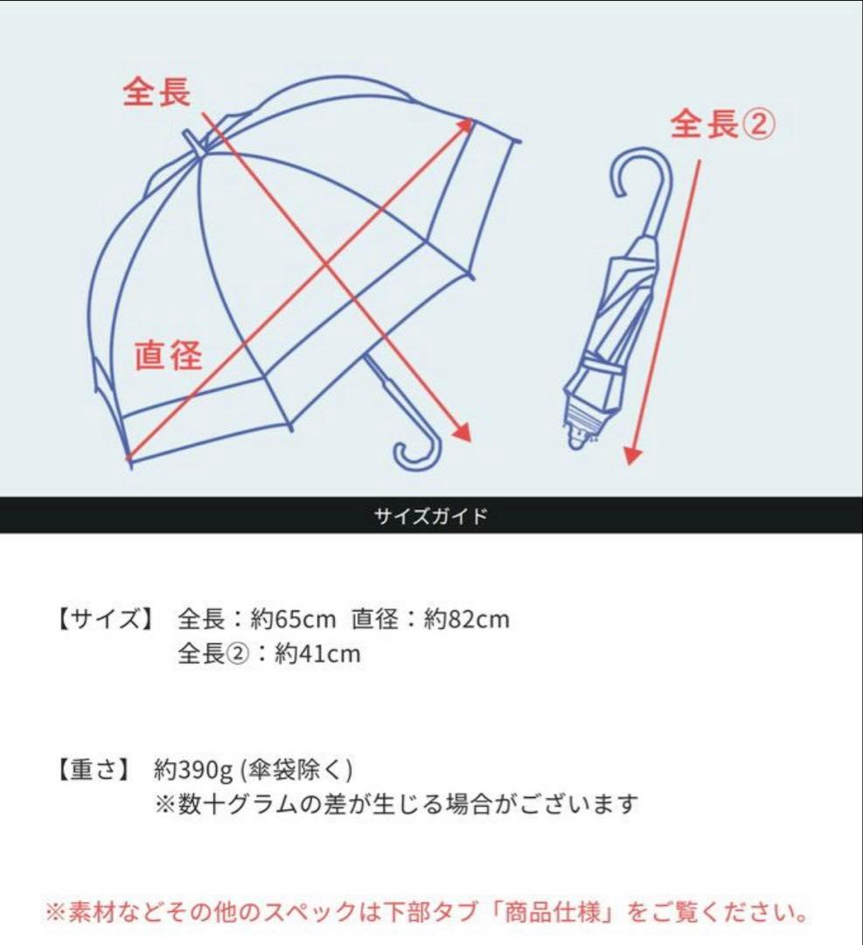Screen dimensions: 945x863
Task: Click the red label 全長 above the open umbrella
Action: point(157,92)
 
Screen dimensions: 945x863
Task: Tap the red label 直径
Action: point(169,355)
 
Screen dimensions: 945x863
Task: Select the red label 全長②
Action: point(723,124)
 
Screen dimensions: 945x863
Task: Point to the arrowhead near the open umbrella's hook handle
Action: point(462,430)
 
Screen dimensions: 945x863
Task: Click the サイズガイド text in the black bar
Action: point(431,515)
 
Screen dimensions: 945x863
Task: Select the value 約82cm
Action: point(466,619)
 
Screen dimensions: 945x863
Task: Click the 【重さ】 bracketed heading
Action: point(94,770)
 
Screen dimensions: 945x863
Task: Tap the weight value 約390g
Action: point(193,770)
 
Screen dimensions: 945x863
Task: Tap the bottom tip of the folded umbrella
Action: point(575,443)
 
